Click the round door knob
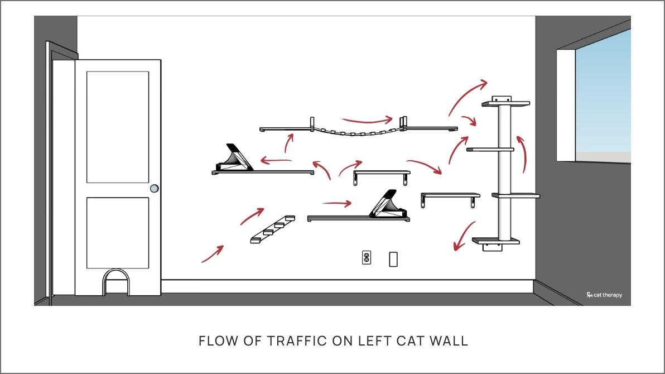tap(154, 189)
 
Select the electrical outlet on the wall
tap(367, 257)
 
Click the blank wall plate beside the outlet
tap(393, 258)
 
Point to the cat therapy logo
tap(604, 295)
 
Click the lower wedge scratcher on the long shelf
tap(390, 205)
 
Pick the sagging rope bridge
tap(358, 133)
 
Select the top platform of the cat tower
tap(505, 103)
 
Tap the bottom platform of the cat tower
tap(496, 242)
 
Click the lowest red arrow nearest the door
tap(213, 254)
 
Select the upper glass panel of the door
tap(118, 127)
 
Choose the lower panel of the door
tap(118, 232)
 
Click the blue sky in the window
tap(603, 95)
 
